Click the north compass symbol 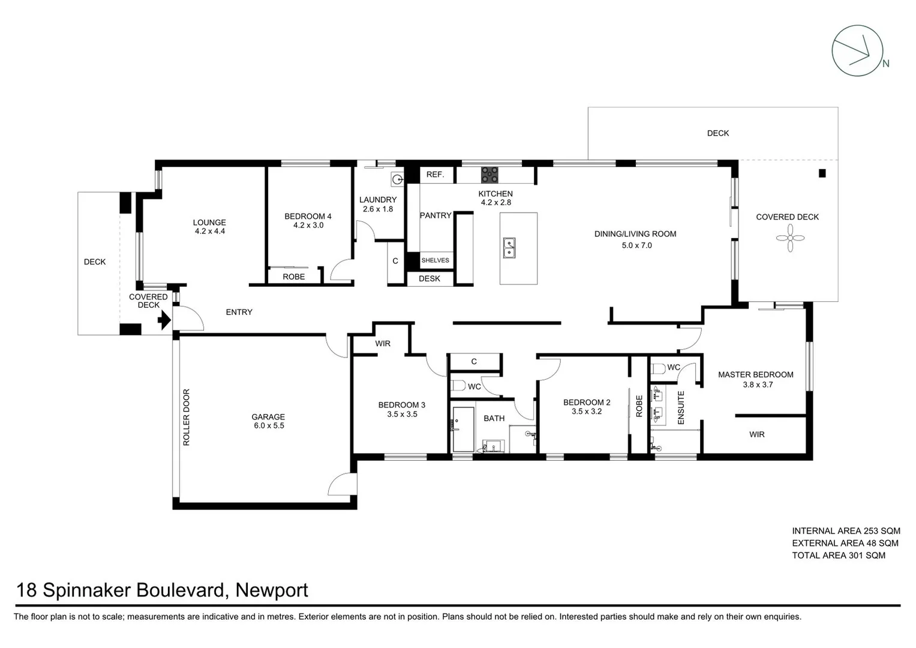coord(858,50)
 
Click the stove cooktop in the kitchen coord(489,175)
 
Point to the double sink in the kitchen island coord(509,247)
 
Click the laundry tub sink coord(397,178)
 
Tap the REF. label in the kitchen coord(435,175)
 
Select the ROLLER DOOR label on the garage coord(186,417)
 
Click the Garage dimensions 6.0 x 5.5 coord(268,426)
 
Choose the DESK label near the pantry coord(430,278)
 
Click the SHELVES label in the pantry coord(435,260)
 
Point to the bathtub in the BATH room coord(462,430)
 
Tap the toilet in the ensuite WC coord(658,369)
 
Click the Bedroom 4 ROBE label coord(293,277)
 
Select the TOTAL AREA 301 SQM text coord(838,556)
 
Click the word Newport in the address coord(271,590)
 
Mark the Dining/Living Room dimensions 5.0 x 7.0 coord(636,245)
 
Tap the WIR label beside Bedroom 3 coord(383,344)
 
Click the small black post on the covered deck coord(822,173)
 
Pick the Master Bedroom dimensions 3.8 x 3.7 coord(758,385)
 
